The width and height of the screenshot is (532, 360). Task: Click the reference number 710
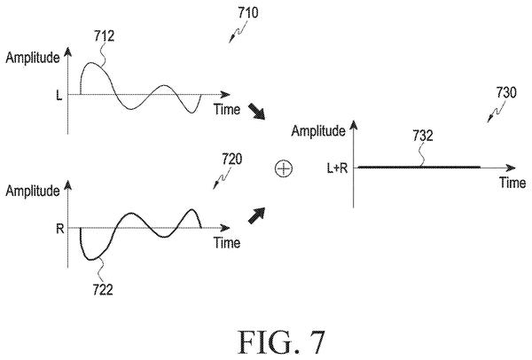click(x=247, y=13)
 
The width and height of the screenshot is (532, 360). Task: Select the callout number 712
click(x=104, y=35)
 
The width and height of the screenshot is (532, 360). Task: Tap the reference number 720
click(x=232, y=159)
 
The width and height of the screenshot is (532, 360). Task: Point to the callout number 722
click(x=103, y=290)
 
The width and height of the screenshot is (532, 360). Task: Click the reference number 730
click(x=506, y=92)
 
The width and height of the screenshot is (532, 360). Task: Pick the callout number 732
click(x=423, y=136)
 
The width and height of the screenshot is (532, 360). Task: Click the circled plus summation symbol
click(x=284, y=168)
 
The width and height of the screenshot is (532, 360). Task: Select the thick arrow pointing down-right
click(x=256, y=112)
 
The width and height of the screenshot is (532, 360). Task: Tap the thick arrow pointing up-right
click(x=256, y=215)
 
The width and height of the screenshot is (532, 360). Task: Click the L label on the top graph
click(x=59, y=96)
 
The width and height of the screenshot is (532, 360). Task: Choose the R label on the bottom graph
click(x=60, y=229)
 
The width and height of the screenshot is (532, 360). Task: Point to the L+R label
click(x=337, y=168)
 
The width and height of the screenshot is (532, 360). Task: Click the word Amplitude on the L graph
click(x=33, y=58)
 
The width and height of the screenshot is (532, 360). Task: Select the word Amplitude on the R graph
click(x=33, y=191)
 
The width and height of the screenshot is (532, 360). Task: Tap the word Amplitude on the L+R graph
click(x=318, y=131)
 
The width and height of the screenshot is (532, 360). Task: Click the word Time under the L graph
click(x=227, y=109)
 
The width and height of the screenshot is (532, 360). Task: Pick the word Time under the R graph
click(x=227, y=243)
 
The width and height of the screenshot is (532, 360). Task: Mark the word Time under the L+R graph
click(x=512, y=183)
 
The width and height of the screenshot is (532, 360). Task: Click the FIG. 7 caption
click(x=282, y=342)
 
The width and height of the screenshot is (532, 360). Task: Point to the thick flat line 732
click(x=419, y=168)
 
